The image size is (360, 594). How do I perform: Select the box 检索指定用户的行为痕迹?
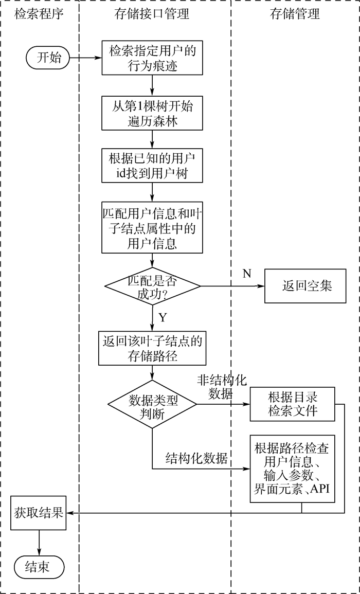152,58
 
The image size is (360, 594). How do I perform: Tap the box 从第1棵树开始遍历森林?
152,113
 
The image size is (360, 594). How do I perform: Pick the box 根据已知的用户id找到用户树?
152,166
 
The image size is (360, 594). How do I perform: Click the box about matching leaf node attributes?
152,227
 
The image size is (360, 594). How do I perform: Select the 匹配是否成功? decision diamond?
152,285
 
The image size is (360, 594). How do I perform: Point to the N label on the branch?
247,273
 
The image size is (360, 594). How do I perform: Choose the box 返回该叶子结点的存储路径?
152,348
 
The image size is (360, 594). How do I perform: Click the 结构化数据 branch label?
196,458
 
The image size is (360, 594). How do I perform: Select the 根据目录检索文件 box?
293,404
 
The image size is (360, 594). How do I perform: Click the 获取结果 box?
39,513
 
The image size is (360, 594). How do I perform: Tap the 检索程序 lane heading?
39,14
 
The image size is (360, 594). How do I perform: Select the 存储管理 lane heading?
295,14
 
